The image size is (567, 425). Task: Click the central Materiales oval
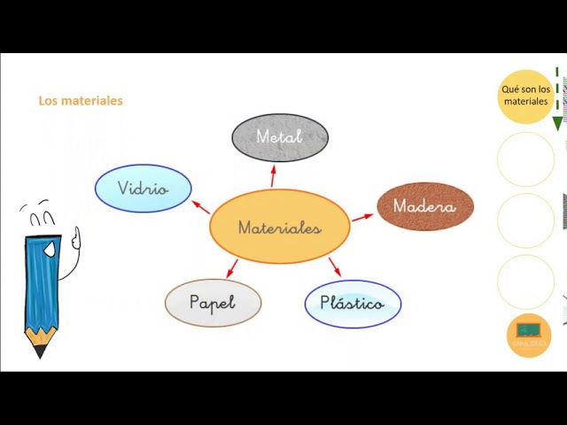coord(280,227)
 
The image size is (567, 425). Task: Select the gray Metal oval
coord(280,137)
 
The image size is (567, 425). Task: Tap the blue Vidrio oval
coord(143,189)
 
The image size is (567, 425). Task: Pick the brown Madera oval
coord(425,206)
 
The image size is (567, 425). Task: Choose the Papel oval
coord(213,303)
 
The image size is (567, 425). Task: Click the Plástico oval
coord(353,304)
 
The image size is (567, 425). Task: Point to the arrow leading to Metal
coord(274,174)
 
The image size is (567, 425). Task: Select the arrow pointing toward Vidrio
coord(199,207)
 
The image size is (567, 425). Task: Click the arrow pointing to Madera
coord(362,216)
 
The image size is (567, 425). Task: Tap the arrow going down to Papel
coord(232,268)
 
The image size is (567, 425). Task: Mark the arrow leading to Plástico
coord(334,267)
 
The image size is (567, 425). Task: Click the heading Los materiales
coord(81,101)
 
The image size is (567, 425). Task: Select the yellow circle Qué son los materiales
coord(525,96)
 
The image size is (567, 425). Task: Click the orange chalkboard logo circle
coord(529,336)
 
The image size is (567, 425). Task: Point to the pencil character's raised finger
coord(77,236)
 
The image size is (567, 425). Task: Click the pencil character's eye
coord(50,250)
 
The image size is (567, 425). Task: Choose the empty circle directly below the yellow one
coord(525,159)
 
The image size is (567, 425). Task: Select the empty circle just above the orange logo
coord(525,282)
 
